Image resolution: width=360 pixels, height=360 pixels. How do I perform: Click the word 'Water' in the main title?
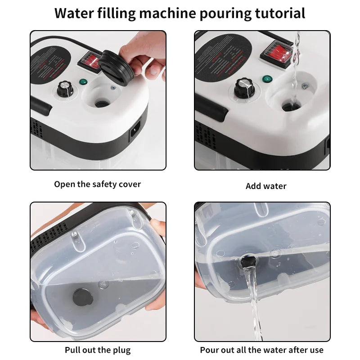pyautogui.click(x=72, y=13)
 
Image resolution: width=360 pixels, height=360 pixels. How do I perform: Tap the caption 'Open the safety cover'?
pyautogui.click(x=98, y=184)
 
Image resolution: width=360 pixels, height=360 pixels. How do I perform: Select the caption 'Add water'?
pyautogui.click(x=266, y=186)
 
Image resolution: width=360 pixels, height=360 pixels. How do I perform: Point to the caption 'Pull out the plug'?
pyautogui.click(x=98, y=350)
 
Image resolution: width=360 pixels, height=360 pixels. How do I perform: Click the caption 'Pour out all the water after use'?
pyautogui.click(x=262, y=350)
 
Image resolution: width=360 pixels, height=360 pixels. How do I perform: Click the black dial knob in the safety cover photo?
pyautogui.click(x=64, y=88)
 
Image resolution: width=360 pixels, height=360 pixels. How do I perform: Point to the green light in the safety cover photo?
pyautogui.click(x=83, y=82)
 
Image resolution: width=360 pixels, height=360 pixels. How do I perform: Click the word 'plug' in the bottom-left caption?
pyautogui.click(x=121, y=350)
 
